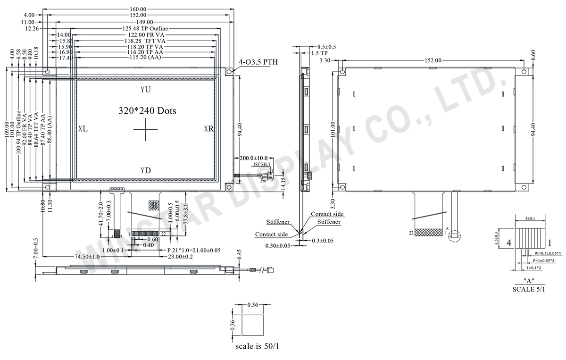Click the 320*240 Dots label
147,111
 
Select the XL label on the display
83,128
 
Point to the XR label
209,128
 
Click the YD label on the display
146,170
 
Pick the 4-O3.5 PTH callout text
258,62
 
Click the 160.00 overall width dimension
137,9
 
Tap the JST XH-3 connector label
262,165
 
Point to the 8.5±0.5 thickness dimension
326,47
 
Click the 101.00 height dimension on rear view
333,128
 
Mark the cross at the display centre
146,129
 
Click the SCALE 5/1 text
529,289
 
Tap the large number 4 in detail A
509,243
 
